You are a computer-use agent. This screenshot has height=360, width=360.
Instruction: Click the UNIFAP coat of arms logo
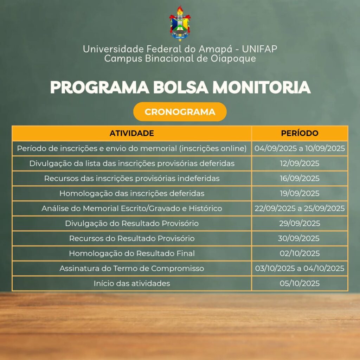180,24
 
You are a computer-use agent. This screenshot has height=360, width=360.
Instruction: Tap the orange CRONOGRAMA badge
180,112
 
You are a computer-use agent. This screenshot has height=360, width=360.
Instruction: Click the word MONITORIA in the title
262,87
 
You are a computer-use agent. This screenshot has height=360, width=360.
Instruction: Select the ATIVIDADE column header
131,133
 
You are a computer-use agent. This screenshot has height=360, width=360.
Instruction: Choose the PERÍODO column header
300,133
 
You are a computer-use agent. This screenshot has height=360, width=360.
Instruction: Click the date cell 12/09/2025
300,163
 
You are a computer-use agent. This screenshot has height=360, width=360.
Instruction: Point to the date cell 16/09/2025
300,178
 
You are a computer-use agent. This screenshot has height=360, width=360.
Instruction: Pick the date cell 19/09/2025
300,193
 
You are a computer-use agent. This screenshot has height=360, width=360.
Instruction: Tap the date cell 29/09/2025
300,223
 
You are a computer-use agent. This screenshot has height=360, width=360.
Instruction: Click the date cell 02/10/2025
300,253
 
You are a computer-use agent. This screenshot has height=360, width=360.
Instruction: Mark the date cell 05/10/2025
300,283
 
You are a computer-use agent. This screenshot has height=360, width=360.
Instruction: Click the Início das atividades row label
132,283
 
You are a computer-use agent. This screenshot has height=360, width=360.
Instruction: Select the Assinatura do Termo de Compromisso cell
132,268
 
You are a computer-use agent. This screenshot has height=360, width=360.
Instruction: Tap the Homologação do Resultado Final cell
132,253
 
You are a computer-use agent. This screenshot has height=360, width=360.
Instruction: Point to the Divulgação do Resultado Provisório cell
132,223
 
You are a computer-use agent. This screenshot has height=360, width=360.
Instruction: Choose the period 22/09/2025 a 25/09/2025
300,208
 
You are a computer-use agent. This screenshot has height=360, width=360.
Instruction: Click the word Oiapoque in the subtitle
233,59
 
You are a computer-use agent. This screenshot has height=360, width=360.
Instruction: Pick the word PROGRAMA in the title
99,87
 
